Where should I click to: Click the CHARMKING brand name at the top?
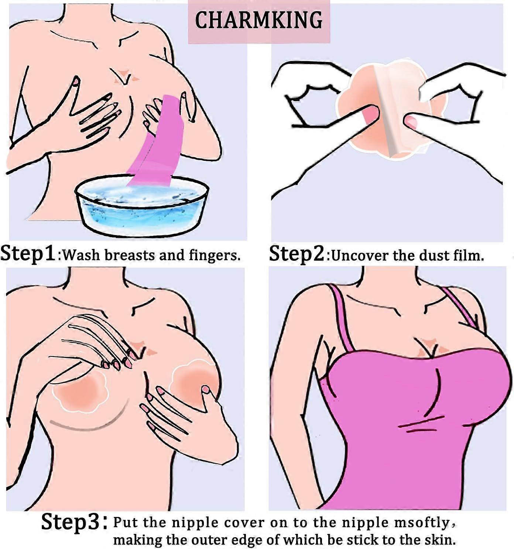pos(259,20)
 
